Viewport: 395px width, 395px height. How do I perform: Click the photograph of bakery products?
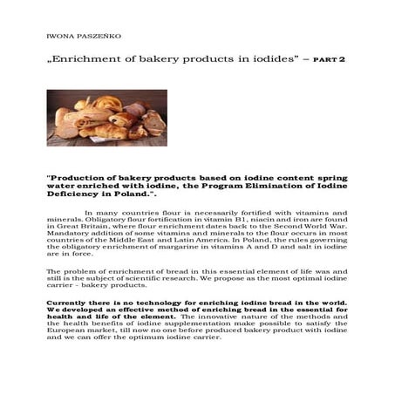coord(106,117)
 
